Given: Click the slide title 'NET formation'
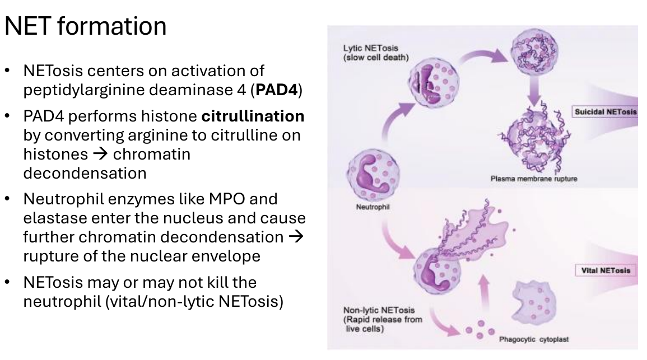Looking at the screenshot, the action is pos(85,26).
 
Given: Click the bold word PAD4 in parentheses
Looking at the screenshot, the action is pos(277,90).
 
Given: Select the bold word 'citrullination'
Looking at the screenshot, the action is pos(253,116).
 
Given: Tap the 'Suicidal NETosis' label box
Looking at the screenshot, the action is pos(605,112).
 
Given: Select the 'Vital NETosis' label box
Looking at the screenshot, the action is pos(606,270).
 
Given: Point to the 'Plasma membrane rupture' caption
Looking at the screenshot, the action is pos(533,179).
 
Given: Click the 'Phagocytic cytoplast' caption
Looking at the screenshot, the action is pos(533,339).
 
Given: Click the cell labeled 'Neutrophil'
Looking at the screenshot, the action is pos(373,175).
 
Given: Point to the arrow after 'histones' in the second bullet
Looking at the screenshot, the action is pos(100,154).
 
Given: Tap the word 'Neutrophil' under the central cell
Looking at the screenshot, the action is pos(373,207).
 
